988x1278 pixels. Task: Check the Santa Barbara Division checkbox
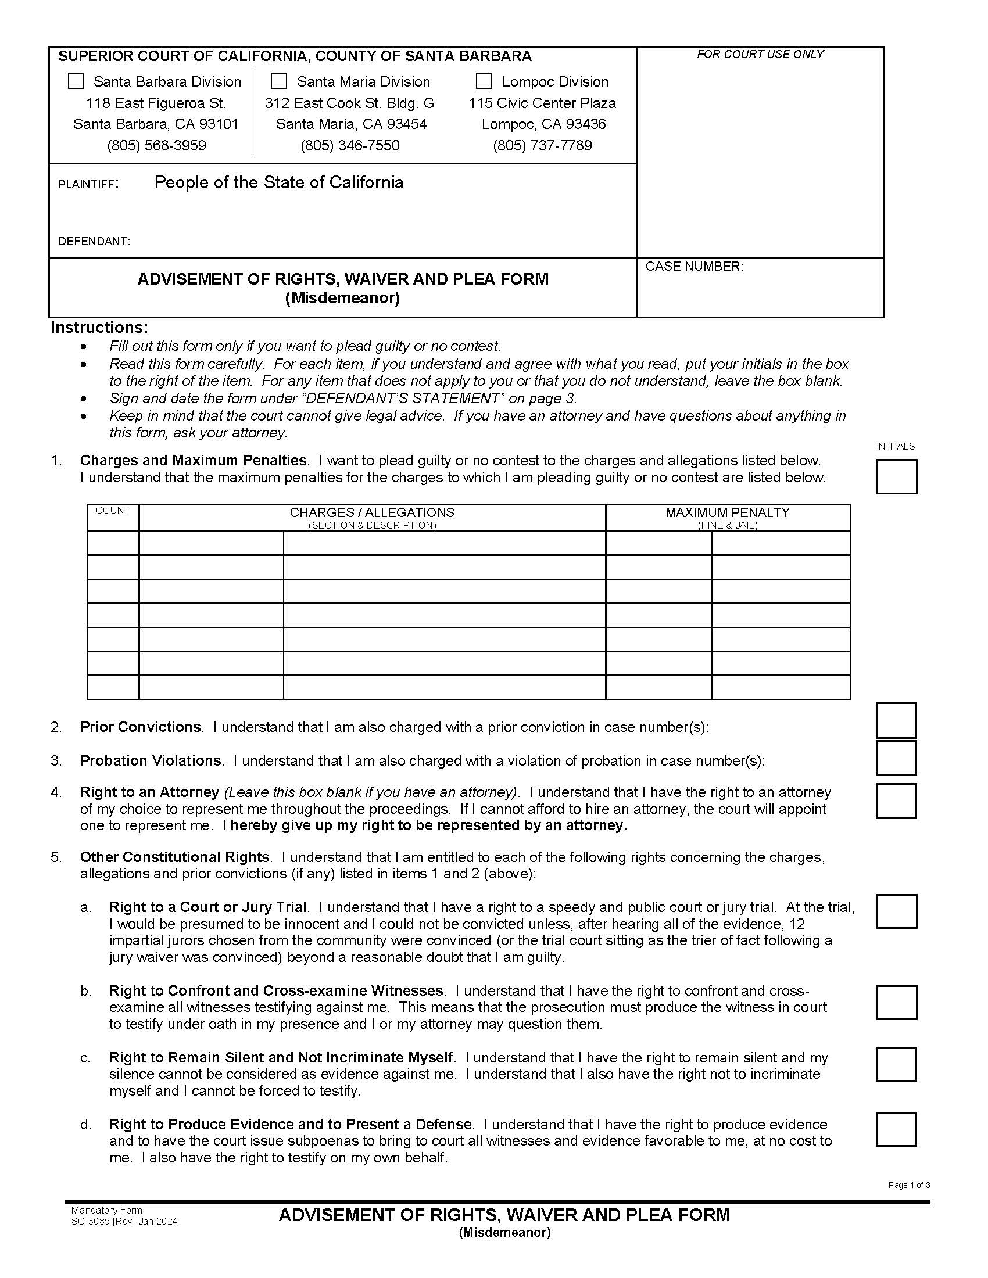76,81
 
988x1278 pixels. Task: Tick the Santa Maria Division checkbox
279,81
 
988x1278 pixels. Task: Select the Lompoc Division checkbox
484,81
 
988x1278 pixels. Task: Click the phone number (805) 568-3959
156,145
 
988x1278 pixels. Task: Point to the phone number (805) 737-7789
542,145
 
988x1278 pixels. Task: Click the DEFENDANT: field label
94,241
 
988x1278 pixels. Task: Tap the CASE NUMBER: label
694,267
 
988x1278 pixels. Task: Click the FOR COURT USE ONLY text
760,55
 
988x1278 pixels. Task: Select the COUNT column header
112,510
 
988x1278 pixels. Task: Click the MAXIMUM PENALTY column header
727,512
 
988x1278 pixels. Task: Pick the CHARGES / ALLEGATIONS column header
372,512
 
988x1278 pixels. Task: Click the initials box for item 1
896,476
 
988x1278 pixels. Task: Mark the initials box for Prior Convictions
896,720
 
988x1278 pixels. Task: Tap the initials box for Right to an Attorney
896,800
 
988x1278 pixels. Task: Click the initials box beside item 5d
896,1129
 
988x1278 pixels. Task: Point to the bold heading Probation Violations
151,761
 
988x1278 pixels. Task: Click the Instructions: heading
99,327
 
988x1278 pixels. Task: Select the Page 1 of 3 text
908,1185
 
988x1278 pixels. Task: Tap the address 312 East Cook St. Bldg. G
349,103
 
